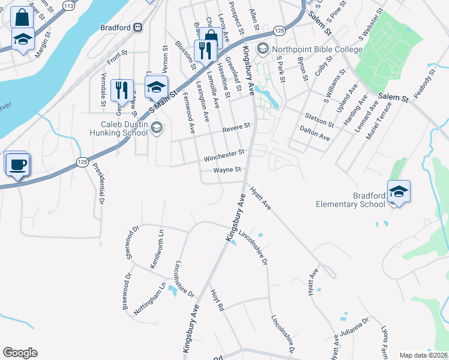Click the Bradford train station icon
[138, 26]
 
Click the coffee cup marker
[17, 163]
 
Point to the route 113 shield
[68, 6]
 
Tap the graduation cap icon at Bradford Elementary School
[399, 191]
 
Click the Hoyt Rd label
[217, 301]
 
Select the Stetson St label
[319, 119]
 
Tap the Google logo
[20, 353]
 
